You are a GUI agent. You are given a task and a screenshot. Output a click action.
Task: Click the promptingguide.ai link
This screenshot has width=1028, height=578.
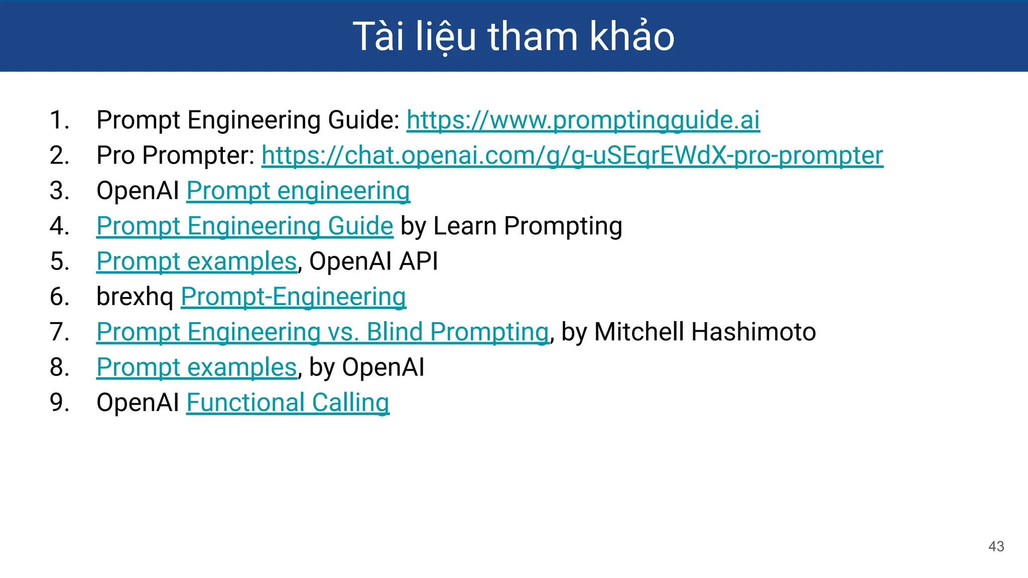tap(583, 120)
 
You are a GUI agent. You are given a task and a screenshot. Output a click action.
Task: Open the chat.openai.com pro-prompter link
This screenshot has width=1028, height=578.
tap(572, 156)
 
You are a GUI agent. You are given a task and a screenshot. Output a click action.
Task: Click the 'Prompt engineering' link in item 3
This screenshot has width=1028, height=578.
tap(298, 191)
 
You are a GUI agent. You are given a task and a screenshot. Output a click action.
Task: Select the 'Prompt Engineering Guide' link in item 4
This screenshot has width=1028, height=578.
tap(244, 226)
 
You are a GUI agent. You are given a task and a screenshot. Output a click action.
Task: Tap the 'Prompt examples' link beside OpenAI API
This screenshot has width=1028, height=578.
tap(197, 261)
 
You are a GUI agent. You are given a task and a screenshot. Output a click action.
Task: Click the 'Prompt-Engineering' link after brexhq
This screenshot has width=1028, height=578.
tap(293, 297)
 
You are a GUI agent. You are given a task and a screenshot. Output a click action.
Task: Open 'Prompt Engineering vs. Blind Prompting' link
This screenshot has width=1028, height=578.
tap(323, 332)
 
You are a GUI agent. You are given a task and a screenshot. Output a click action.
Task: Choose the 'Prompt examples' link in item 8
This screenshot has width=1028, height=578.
tap(197, 367)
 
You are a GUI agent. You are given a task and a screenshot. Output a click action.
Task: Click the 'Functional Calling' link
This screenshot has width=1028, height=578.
tap(288, 402)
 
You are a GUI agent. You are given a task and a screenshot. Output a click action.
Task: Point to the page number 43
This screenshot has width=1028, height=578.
tap(996, 546)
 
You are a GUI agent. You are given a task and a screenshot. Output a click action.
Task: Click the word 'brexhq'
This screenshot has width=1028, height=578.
tap(135, 297)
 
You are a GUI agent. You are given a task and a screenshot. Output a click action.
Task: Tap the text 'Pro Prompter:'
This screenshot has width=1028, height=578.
tap(176, 156)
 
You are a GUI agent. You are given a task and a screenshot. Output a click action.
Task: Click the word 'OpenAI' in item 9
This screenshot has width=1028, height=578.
tap(138, 402)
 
